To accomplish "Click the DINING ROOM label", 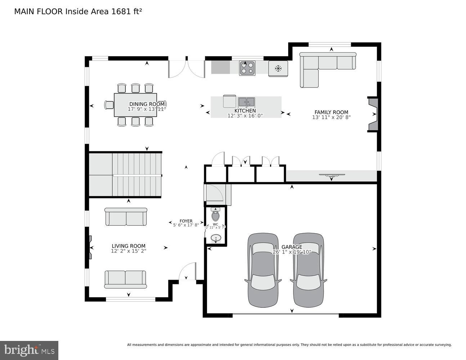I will [147, 104].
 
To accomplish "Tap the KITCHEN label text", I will [245, 111].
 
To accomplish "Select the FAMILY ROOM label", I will [331, 112].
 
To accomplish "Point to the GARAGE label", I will [292, 247].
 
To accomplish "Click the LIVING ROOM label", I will [129, 246].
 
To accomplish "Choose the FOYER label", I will [186, 221].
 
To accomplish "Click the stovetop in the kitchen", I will [247, 68].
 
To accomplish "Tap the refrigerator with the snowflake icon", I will [278, 68].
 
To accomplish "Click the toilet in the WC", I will [215, 215].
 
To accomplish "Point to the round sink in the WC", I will [216, 238].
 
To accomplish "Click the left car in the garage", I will [263, 270].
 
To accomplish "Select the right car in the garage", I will [308, 270].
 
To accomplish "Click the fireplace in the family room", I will [373, 114].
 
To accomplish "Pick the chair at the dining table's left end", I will [109, 105].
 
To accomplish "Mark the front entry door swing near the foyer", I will [187, 271].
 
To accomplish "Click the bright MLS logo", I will [29, 350].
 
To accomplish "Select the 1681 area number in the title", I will [121, 12].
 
